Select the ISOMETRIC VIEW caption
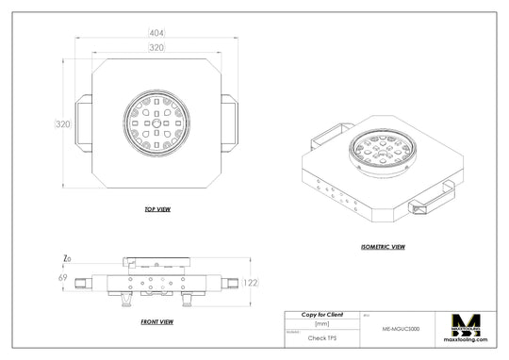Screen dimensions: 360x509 pyautogui.click(x=383, y=247)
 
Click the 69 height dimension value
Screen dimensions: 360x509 pyautogui.click(x=63, y=279)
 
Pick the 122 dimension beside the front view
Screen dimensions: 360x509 pyautogui.click(x=252, y=282)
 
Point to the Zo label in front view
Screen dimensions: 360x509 pyautogui.click(x=65, y=257)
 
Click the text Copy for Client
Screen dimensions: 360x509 pyautogui.click(x=321, y=314)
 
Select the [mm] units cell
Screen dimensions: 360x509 pyautogui.click(x=321, y=323)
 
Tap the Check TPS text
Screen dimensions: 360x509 pyautogui.click(x=321, y=335)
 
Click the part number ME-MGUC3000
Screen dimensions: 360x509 pyautogui.click(x=401, y=330)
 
